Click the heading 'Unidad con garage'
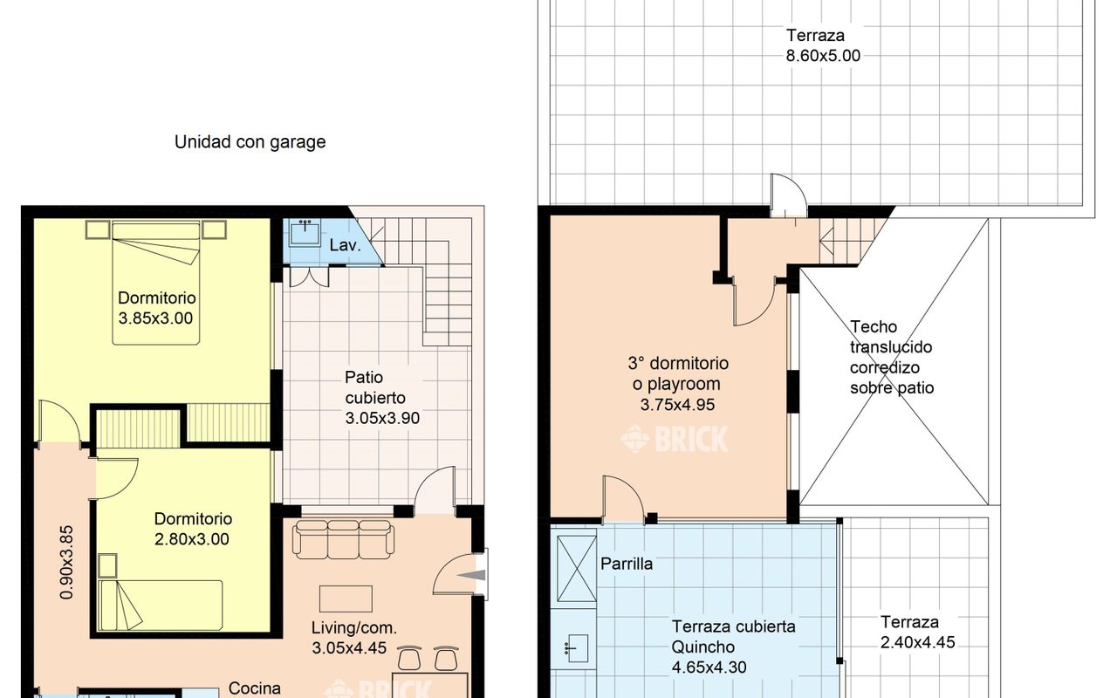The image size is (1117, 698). (250, 141)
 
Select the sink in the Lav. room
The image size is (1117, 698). (305, 233)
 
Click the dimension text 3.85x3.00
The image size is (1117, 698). (155, 318)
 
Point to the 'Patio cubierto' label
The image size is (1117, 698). (382, 398)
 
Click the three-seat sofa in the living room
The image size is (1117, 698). (343, 539)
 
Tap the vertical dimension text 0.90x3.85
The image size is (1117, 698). (65, 561)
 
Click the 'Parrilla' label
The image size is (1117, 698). (627, 564)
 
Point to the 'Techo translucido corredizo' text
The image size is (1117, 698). (891, 357)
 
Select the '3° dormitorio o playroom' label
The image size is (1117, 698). (678, 373)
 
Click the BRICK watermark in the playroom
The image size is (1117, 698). (675, 439)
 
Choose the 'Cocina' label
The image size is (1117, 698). (255, 688)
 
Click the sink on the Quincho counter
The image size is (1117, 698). (575, 647)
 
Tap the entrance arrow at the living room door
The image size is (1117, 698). (476, 574)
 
